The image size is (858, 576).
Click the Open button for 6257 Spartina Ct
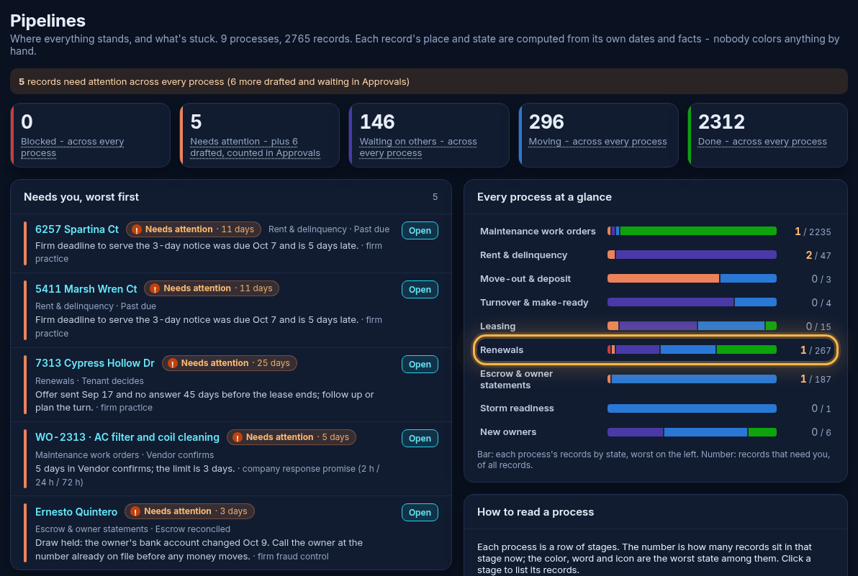420,231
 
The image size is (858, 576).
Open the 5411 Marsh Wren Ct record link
86,288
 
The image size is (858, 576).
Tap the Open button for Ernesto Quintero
420,513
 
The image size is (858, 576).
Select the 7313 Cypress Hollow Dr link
95,363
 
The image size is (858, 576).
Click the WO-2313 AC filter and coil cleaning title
127,437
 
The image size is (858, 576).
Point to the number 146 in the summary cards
377,122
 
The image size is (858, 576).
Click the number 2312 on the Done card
721,122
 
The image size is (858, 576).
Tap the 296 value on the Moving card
546,122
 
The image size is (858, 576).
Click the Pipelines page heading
48,21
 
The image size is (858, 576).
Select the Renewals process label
501,349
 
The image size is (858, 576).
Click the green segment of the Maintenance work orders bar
698,231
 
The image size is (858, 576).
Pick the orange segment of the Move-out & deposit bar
663,279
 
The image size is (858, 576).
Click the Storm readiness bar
692,408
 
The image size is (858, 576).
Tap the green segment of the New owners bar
762,432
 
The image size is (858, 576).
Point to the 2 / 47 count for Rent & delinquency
818,255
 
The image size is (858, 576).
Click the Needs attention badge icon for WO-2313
238,437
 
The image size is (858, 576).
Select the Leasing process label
497,326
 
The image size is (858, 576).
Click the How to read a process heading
535,512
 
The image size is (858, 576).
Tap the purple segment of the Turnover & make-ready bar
670,302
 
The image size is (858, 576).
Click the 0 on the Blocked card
27,122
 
